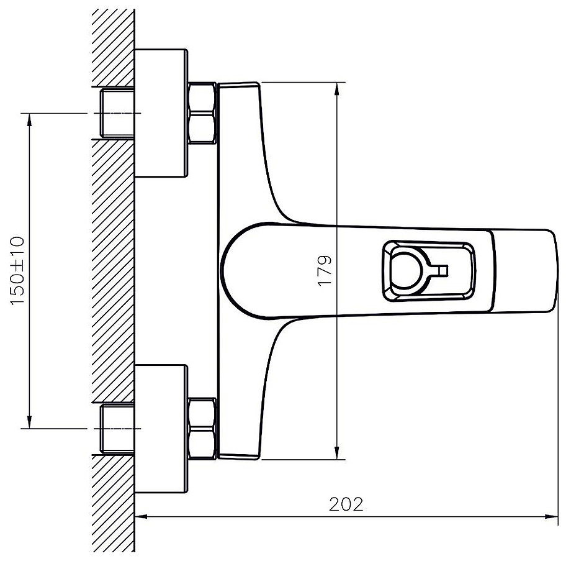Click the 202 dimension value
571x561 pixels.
point(346,504)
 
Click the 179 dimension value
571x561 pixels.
point(325,270)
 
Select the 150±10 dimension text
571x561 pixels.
point(17,270)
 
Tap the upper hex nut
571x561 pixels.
point(202,113)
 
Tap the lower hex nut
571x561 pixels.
point(202,429)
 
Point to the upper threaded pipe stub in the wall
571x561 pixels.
point(117,113)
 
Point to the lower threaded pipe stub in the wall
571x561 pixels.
point(117,429)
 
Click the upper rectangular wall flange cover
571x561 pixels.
point(161,113)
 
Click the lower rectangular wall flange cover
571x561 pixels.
point(161,429)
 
